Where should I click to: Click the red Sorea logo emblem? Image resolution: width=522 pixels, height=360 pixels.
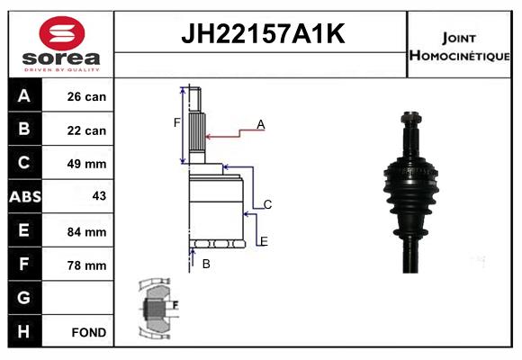coord(62,33)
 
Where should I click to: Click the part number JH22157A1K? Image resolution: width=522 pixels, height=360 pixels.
coord(263,33)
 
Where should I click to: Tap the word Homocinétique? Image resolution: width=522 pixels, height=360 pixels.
coord(459,55)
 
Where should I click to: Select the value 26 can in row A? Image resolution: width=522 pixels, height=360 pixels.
coord(86,96)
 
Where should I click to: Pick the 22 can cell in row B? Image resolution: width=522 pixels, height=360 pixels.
coord(86,130)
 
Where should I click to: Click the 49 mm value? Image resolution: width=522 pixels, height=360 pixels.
coord(86,164)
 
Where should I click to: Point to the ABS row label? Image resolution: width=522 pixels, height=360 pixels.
coord(25,196)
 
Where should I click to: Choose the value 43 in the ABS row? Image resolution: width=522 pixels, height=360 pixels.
coord(99,196)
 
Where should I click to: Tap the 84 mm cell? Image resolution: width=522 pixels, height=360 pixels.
coord(86,232)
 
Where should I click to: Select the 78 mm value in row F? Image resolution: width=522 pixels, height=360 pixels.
coord(86,265)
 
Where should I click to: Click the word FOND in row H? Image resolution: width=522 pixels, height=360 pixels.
coord(89,332)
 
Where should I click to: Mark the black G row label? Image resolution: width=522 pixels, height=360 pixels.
coord(24,298)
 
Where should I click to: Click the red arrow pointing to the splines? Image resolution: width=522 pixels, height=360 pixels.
coord(235,133)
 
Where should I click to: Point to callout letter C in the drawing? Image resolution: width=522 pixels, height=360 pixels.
coord(267,204)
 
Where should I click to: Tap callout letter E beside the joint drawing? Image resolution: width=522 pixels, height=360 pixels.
coord(264,241)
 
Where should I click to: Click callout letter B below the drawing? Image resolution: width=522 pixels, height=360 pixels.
coord(206,264)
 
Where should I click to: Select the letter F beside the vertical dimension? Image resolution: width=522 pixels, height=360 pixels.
coord(176,123)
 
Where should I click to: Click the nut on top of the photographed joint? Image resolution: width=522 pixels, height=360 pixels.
coord(411,118)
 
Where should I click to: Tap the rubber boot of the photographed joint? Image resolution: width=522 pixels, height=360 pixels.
coord(410,196)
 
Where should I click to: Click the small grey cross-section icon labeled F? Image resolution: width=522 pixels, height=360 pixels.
coord(157,308)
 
